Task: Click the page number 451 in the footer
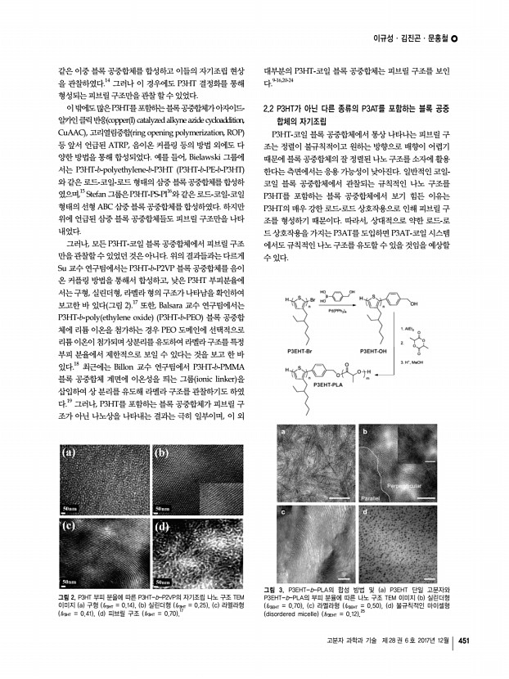coord(463,641)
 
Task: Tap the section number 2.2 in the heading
coord(268,109)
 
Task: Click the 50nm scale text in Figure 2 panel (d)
coord(164,581)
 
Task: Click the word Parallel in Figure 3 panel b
coord(372,497)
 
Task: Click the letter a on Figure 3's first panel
coord(282,432)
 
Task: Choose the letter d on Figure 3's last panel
coord(364,511)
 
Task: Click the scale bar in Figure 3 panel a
coord(338,497)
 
